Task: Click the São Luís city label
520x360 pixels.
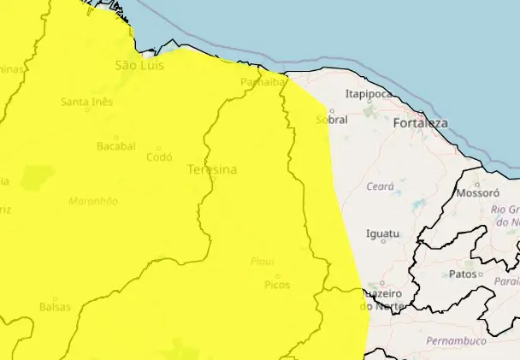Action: click(139, 65)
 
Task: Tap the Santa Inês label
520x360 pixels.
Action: click(87, 103)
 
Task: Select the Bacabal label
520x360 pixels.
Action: click(116, 146)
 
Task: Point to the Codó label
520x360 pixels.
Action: click(159, 157)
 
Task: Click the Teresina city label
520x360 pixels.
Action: click(212, 170)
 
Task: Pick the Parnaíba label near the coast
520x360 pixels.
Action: click(262, 82)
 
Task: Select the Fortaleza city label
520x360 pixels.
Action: click(421, 124)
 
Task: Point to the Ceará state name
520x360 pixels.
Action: click(379, 186)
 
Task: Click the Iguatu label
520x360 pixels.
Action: click(382, 233)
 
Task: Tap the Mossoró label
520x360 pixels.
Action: click(480, 193)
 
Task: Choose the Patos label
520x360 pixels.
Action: click(463, 274)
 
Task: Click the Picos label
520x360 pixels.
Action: click(277, 285)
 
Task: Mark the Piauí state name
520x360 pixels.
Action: click(263, 262)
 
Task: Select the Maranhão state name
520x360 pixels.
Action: click(92, 201)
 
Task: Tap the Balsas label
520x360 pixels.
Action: click(55, 306)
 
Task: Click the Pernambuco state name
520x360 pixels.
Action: click(456, 341)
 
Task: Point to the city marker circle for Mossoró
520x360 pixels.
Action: click(477, 183)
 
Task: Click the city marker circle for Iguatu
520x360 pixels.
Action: click(383, 241)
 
